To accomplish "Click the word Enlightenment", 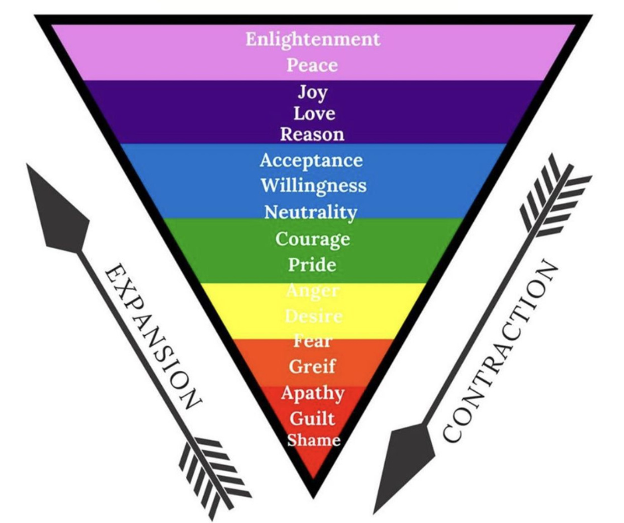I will pos(313,39).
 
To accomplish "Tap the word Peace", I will pos(313,65).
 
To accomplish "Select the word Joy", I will pos(312,92).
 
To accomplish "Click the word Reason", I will pos(312,134).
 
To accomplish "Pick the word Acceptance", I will pos(311,161).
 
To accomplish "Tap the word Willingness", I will pos(313,185).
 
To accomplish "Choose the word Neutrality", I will pos(310,212).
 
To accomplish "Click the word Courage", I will pos(312,239).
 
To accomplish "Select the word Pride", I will pos(312,265).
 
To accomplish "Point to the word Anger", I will pos(312,291).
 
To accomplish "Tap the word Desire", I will pos(313,316).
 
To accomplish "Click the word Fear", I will pos(313,341).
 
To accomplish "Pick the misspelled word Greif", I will pos(312,366).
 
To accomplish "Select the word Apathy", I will pos(313,392).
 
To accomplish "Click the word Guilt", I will pos(312,418).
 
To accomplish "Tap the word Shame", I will pos(313,439).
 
